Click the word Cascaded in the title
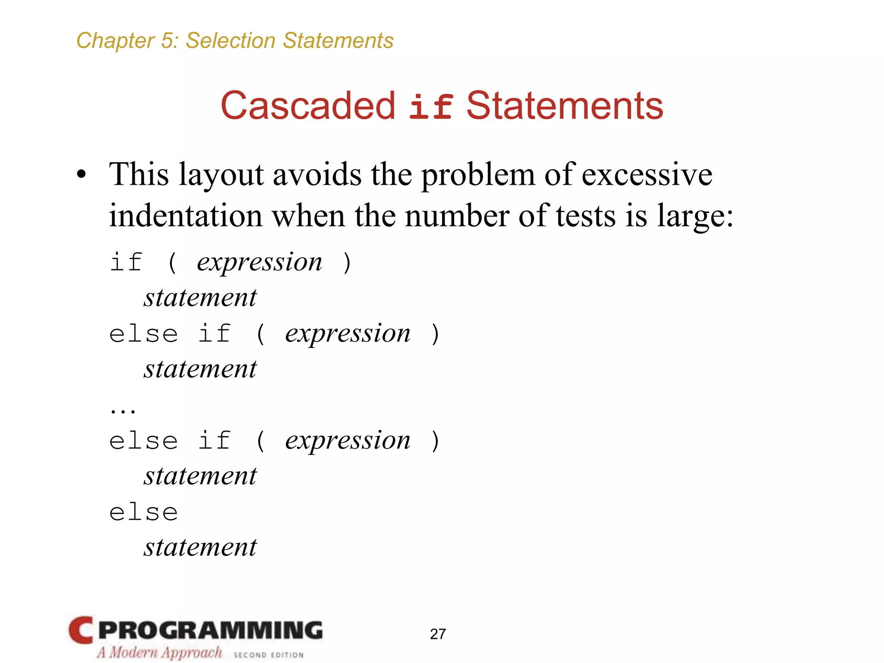tap(308, 106)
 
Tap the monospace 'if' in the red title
tap(431, 107)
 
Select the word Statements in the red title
tap(565, 106)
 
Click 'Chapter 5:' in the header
tap(127, 41)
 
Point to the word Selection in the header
tap(230, 41)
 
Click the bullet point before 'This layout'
tap(81, 176)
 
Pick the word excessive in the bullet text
tap(647, 175)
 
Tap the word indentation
tap(186, 215)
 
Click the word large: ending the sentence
tap(695, 216)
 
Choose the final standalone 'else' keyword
tap(143, 513)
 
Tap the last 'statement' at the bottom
tap(200, 547)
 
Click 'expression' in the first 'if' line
tap(259, 262)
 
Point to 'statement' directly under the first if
tap(200, 298)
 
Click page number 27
tap(438, 634)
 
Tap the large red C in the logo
tap(81, 630)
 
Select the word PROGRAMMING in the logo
tap(211, 630)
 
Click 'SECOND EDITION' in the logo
tap(268, 655)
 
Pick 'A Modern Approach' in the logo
tap(160, 652)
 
